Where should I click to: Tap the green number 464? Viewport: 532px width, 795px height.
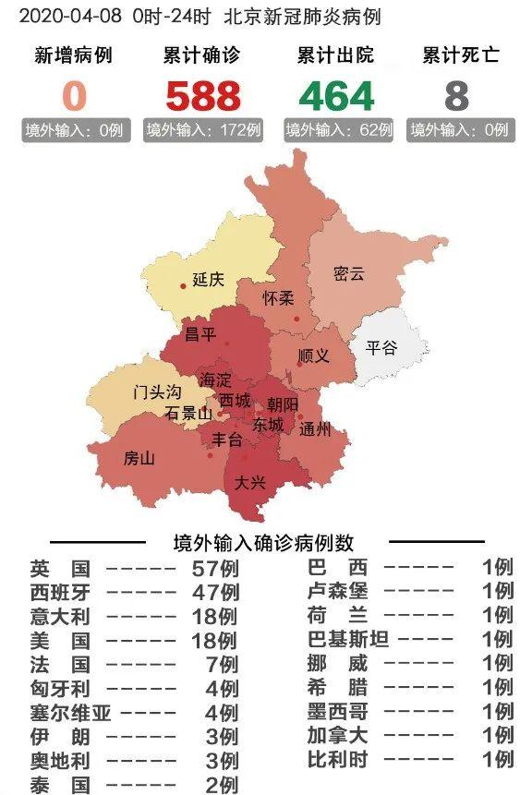[x=336, y=96]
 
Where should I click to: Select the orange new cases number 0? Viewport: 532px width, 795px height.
[x=74, y=96]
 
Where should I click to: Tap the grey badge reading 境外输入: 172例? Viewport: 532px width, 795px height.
[x=203, y=130]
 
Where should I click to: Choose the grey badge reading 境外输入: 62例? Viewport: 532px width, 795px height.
[x=338, y=130]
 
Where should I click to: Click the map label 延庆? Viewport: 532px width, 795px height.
[x=208, y=279]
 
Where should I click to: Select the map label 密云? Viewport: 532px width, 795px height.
[x=349, y=273]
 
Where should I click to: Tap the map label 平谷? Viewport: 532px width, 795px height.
[x=381, y=347]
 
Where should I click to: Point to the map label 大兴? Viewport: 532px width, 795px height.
[x=249, y=482]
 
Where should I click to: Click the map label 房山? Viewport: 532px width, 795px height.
[x=139, y=458]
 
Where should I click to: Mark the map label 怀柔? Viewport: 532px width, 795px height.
[x=278, y=297]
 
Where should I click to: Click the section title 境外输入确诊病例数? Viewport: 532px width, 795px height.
[x=263, y=543]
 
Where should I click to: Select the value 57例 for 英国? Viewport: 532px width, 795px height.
[x=214, y=568]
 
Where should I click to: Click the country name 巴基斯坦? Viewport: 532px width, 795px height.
[x=348, y=639]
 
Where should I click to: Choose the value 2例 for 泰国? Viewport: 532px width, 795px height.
[x=221, y=784]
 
